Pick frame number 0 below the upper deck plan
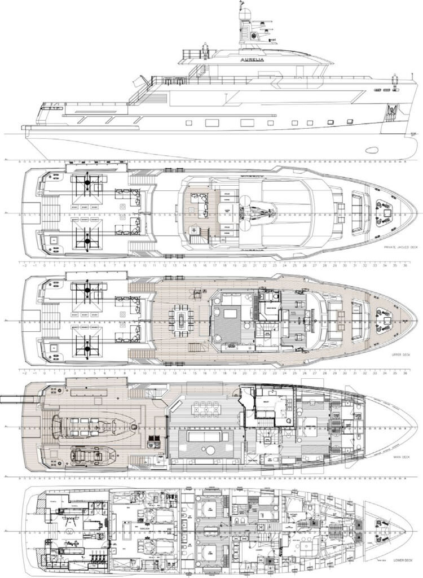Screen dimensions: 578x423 coord(45,374)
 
